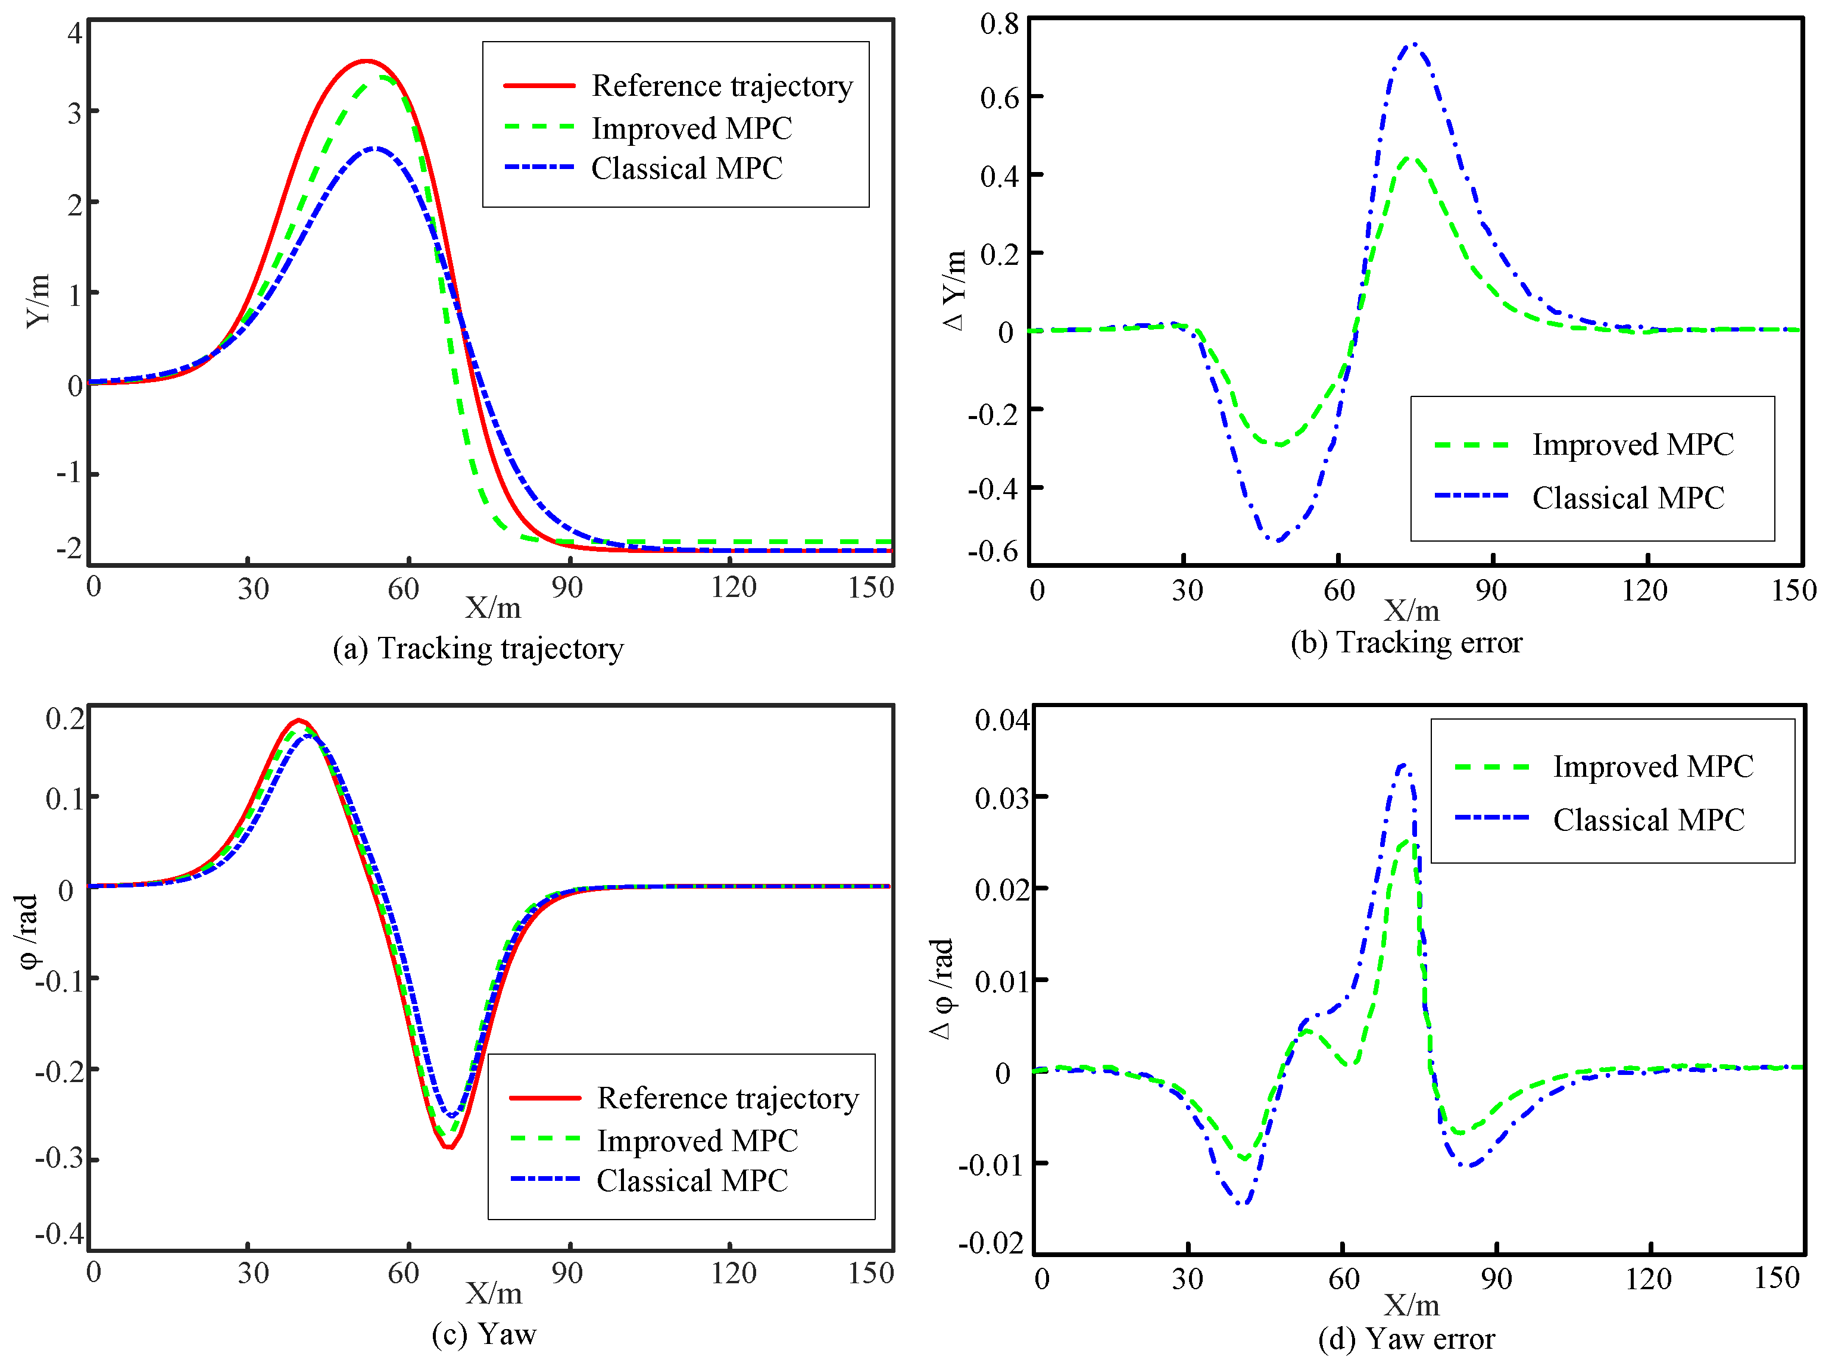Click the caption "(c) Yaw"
tap(484, 1334)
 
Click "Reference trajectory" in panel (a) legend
tap(721, 86)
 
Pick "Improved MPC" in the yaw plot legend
tap(697, 1141)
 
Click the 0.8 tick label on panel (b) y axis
tap(999, 23)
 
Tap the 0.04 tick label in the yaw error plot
tap(1001, 720)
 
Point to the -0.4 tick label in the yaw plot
tap(60, 1234)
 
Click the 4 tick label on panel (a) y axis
tap(75, 33)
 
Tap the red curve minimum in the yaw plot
tap(448, 1148)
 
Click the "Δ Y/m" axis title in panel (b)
tap(954, 289)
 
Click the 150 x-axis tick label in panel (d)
tap(1777, 1279)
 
